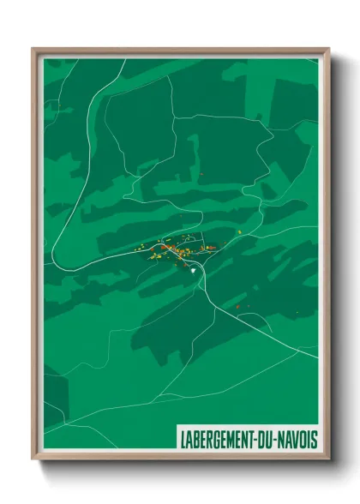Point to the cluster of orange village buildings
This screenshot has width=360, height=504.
pos(176,250)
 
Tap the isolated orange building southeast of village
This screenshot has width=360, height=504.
pos(237,305)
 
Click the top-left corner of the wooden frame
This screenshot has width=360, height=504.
pos(33,49)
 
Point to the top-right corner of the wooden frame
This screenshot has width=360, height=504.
pos(328,49)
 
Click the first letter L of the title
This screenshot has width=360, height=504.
pos(183,440)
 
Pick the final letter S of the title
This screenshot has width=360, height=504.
pos(314,440)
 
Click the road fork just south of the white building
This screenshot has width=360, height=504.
pos(201,283)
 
